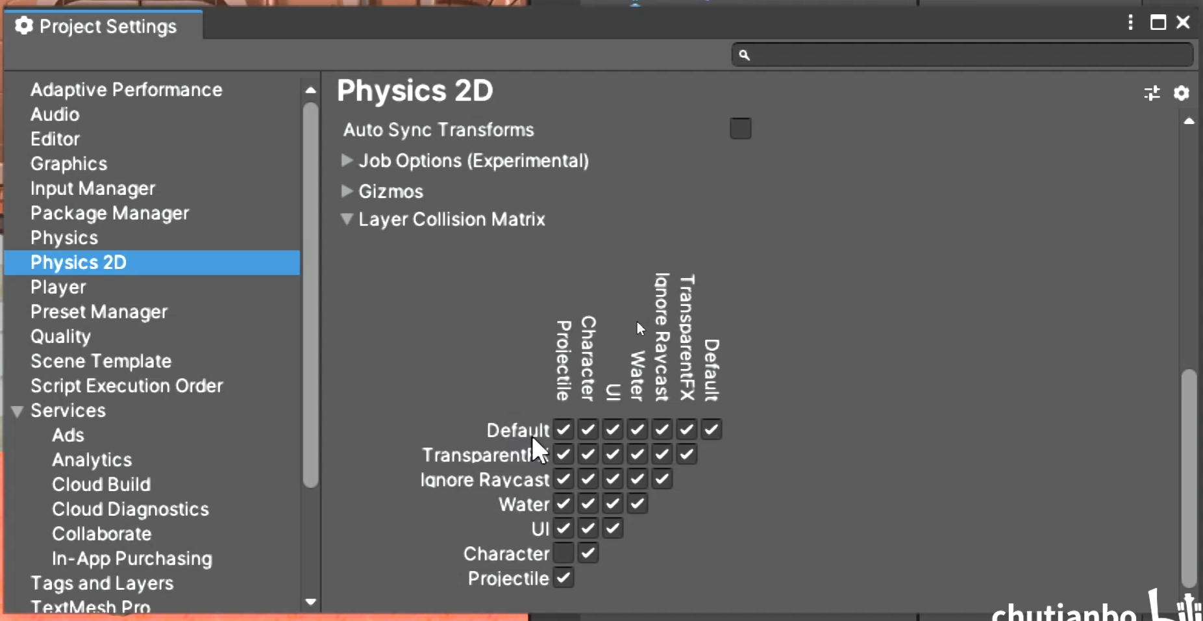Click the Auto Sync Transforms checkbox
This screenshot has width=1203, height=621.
740,129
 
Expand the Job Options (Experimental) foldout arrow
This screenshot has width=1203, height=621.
347,160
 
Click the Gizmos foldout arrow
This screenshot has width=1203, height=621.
347,191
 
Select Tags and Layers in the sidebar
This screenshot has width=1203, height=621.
102,583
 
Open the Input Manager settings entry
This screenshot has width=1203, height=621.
93,188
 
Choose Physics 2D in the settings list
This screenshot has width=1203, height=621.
79,262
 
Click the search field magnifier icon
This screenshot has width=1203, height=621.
745,55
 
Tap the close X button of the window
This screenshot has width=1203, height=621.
1183,23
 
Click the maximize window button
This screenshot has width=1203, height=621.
1158,23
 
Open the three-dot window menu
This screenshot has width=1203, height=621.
1130,23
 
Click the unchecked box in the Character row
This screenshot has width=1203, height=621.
564,553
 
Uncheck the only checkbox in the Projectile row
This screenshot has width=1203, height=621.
564,577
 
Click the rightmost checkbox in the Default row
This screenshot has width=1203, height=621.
712,429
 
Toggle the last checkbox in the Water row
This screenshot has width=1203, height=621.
638,503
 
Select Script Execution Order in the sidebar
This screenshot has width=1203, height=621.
127,386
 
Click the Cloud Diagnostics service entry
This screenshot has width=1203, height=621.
130,509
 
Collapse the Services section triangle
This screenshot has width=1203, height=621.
18,411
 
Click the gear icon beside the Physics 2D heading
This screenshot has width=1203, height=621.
1181,94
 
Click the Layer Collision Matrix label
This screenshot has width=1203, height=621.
452,220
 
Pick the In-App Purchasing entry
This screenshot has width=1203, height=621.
132,559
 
